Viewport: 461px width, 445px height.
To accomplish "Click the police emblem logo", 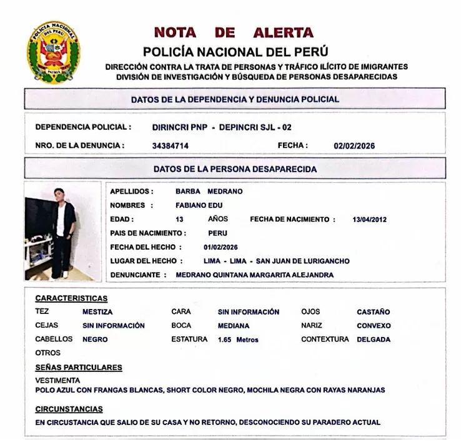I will pos(54,53).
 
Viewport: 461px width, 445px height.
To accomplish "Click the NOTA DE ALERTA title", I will pos(234,32).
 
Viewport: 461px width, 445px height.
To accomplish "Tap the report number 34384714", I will pos(170,145).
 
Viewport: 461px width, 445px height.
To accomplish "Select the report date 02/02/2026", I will pos(354,145).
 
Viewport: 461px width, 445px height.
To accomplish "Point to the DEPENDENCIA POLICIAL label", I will pos(83,127).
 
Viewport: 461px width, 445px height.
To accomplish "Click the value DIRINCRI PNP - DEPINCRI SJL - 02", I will pos(222,127).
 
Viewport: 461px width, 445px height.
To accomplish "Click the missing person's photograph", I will pos(62,231).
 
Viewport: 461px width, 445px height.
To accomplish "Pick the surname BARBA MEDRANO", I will pos(209,192).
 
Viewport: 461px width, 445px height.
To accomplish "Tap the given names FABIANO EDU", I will pos(199,205).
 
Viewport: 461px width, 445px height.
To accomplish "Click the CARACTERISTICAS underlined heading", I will pos(71,298).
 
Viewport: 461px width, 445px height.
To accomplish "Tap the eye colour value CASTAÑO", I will pos(373,311).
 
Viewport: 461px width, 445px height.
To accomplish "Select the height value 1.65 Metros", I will pos(238,340).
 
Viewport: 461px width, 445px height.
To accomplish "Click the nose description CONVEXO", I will pos(374,325).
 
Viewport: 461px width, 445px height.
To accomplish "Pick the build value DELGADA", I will pos(374,340).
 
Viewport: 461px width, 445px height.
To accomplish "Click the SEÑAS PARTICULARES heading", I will pos(79,368).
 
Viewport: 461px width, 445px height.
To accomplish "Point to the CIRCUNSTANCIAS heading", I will pos(69,409).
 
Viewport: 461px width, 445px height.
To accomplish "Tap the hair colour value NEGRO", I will pos(95,340).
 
